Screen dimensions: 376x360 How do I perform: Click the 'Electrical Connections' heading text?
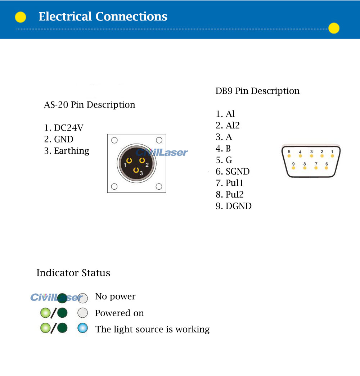(103, 17)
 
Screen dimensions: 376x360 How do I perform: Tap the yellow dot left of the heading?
(21, 17)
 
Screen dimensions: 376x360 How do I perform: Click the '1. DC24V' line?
(64, 128)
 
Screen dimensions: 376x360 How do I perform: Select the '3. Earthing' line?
(67, 151)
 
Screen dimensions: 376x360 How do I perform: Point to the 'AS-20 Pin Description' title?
(90, 105)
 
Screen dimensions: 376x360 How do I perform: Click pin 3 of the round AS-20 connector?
(136, 170)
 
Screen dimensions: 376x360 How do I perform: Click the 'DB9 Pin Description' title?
(257, 91)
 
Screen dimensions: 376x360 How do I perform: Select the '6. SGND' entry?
(233, 172)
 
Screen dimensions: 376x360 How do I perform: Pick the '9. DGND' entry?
(234, 206)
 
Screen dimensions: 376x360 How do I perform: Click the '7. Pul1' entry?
(230, 183)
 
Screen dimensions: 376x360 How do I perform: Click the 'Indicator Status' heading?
(73, 273)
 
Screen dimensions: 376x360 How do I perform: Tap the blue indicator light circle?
(83, 328)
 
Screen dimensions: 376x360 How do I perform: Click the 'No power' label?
(115, 296)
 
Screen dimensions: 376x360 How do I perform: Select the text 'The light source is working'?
(152, 329)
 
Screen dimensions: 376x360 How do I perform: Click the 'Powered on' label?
(120, 313)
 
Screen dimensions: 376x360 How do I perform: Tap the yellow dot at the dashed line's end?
(334, 28)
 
